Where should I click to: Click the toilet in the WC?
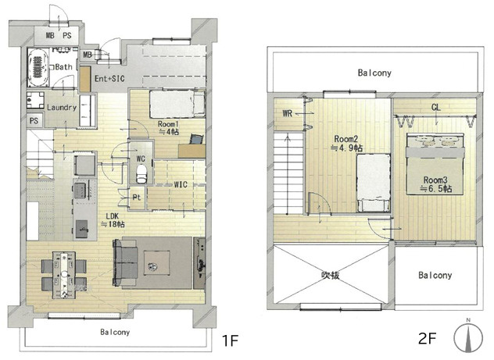(141, 173)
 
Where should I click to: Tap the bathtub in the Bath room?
(38, 66)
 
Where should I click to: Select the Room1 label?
(166, 123)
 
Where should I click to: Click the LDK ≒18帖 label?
(113, 220)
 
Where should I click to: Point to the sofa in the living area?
(125, 262)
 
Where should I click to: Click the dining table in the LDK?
(64, 274)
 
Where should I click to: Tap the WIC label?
(181, 184)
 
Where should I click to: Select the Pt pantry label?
(137, 198)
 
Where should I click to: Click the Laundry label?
(62, 107)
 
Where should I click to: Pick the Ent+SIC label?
(109, 78)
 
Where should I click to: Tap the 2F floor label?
(427, 339)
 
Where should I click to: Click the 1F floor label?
(230, 340)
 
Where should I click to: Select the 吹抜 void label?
(331, 275)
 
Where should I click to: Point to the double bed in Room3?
(435, 164)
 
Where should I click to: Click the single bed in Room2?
(374, 183)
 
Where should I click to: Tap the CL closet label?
(435, 107)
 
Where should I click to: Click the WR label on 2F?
(288, 113)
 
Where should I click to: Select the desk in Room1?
(192, 151)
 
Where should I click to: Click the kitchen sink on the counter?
(80, 191)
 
